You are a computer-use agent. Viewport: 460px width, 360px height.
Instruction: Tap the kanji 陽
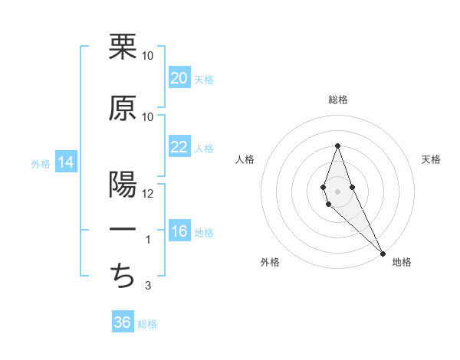click(x=123, y=184)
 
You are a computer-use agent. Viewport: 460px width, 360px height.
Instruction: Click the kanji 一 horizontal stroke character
click(x=123, y=230)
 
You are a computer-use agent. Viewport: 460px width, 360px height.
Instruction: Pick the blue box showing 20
click(x=179, y=78)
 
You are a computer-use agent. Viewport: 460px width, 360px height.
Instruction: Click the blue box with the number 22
click(x=179, y=148)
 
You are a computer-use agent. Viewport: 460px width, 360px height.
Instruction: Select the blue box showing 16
click(x=179, y=232)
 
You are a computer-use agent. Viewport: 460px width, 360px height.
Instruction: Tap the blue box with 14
click(x=65, y=163)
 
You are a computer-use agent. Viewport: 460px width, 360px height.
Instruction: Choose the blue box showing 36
click(x=122, y=322)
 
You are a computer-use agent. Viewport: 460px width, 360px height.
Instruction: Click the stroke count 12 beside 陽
click(x=148, y=194)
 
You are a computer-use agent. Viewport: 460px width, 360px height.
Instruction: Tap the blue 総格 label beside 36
click(x=147, y=324)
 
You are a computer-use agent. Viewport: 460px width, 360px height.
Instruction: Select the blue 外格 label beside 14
click(x=41, y=164)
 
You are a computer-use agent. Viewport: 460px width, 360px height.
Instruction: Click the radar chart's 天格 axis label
click(x=432, y=159)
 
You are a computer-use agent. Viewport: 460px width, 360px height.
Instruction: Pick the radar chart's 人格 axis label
click(x=245, y=159)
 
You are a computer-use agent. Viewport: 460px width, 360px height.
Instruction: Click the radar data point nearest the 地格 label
click(x=383, y=253)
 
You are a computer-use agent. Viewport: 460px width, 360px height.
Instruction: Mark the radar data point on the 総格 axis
click(x=337, y=146)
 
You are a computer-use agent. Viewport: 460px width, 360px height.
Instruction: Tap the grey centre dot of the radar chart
click(x=337, y=191)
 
